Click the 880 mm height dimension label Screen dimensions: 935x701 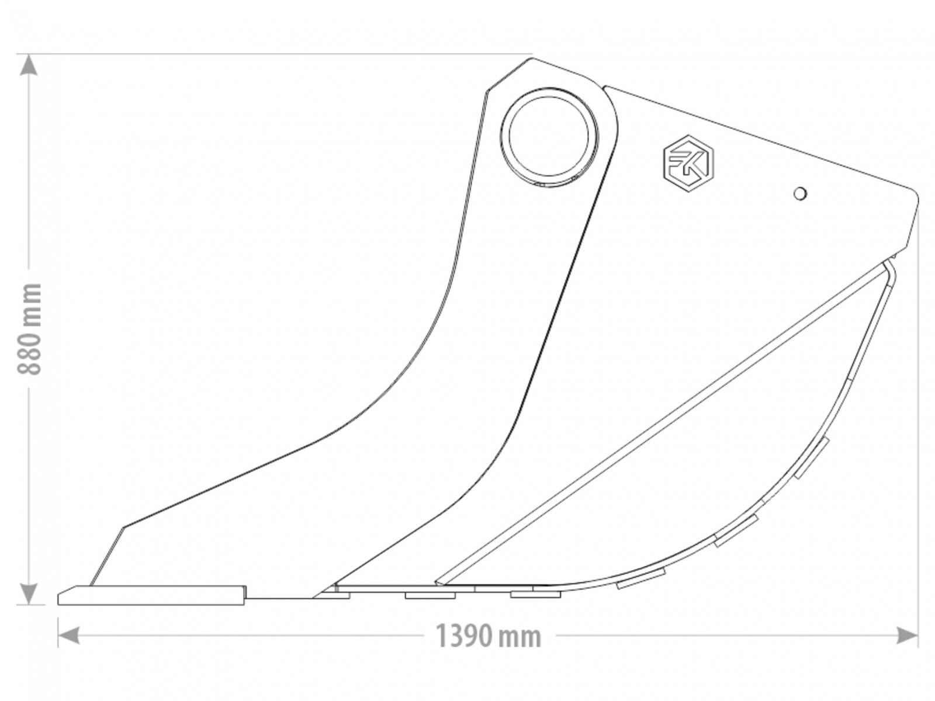pos(29,328)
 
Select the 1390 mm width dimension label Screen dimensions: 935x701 pos(488,636)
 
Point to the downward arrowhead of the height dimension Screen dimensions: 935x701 pos(29,594)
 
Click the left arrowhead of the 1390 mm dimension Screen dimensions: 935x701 pos(68,635)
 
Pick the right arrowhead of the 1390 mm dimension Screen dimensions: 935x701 pos(907,635)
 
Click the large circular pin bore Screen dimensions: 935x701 pos(549,137)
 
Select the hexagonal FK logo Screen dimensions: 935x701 pos(688,163)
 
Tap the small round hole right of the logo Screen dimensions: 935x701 pos(800,194)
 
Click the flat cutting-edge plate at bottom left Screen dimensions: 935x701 pos(151,595)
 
